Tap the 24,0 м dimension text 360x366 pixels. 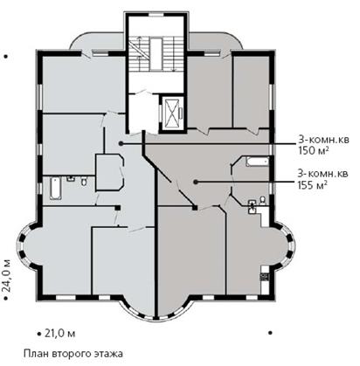click(x=7, y=275)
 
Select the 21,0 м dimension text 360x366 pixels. click(x=60, y=333)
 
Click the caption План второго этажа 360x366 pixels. click(x=73, y=354)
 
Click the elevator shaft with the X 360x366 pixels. click(x=171, y=113)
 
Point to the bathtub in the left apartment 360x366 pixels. click(x=55, y=189)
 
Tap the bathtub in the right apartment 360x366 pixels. click(x=257, y=162)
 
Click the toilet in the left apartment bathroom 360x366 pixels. click(x=84, y=181)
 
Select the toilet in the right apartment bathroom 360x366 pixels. click(x=262, y=201)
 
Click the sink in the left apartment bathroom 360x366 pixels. click(x=71, y=178)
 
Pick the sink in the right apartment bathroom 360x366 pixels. click(x=252, y=207)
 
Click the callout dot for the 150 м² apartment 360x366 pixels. click(x=121, y=143)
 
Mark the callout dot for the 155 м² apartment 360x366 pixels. click(x=196, y=183)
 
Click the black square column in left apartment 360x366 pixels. click(x=118, y=208)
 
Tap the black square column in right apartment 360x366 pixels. click(x=195, y=208)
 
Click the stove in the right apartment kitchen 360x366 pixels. click(x=265, y=276)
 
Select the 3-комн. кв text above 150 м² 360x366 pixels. click(x=323, y=140)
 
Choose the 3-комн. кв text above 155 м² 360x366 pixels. click(x=322, y=174)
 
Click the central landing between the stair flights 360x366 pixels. click(x=156, y=54)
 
